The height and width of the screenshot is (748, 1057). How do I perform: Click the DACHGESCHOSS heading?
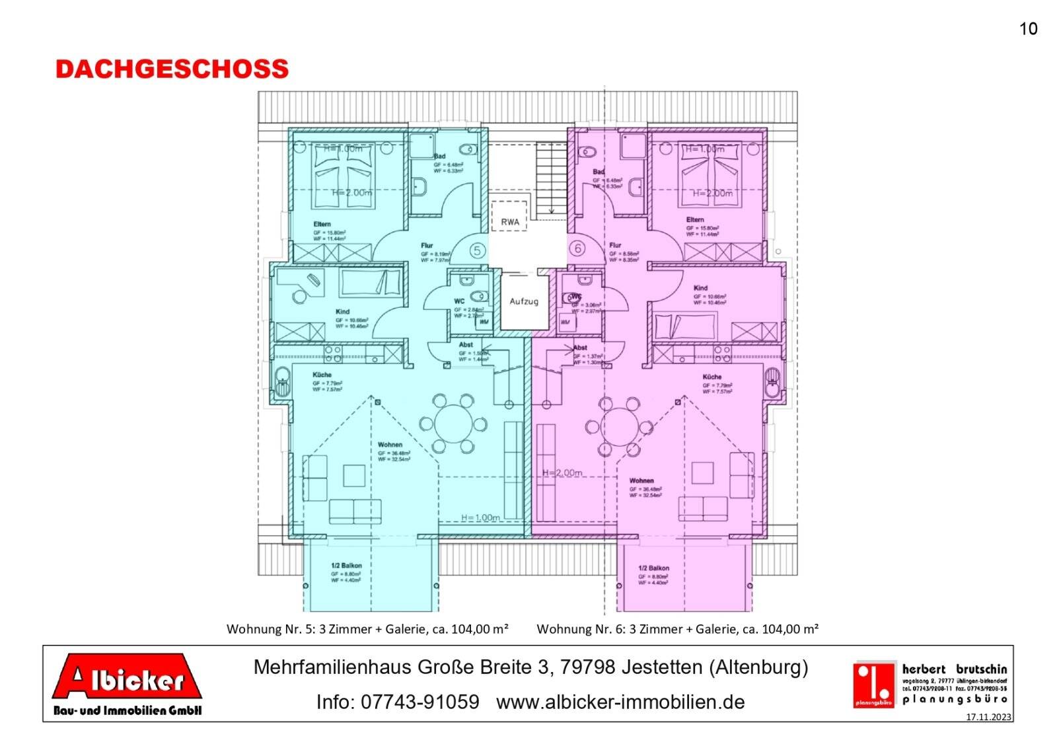point(172,69)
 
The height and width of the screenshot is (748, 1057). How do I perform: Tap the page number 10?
point(1028,29)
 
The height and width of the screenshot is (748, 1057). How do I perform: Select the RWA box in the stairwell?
point(509,222)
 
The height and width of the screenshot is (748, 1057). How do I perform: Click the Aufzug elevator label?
point(524,301)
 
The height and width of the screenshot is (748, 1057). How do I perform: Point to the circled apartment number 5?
point(477,250)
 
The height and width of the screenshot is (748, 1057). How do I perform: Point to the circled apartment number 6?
point(578,248)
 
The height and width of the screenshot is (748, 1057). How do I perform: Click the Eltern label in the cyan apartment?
point(322,225)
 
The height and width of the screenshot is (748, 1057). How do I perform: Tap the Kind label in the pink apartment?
point(700,288)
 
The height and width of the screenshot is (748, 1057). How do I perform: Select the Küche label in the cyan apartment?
point(322,375)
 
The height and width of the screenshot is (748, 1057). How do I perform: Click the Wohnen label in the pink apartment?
point(641,480)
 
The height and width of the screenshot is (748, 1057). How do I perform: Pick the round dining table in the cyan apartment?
point(454,423)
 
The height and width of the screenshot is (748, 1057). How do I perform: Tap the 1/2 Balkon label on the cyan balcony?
point(346,566)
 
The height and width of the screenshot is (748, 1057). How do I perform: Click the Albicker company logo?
point(128,683)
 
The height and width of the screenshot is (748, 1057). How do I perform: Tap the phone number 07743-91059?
point(397,702)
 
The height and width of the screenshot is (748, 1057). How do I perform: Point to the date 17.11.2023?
point(988,717)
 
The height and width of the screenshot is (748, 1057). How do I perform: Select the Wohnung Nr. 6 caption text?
point(677,629)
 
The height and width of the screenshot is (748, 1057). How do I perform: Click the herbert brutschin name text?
point(954,669)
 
